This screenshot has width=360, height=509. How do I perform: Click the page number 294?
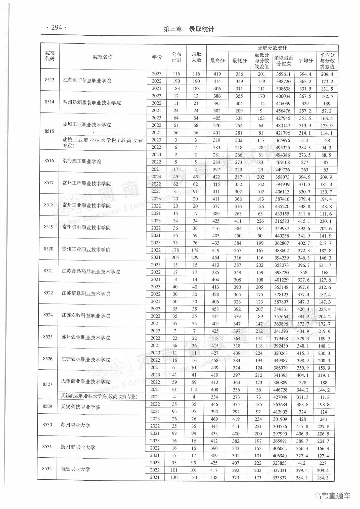tap(56, 28)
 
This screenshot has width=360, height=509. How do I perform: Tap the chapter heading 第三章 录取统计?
tap(189, 29)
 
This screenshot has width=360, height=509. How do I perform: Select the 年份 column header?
tap(157, 57)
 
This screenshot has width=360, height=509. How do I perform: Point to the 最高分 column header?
tap(217, 61)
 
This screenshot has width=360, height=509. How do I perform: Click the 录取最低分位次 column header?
tap(284, 61)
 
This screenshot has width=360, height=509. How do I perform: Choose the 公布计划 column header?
tap(176, 57)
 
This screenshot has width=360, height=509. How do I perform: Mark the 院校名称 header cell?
tap(103, 57)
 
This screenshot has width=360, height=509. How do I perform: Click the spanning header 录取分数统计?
tap(272, 48)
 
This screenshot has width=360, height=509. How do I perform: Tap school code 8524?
tap(48, 315)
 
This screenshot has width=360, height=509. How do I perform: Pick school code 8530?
tap(47, 425)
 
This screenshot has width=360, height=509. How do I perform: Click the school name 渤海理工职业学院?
tap(82, 162)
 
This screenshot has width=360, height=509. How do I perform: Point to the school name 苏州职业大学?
tap(75, 425)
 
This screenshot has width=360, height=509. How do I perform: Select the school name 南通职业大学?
tap(75, 469)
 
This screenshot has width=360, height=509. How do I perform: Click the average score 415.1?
tap(304, 221)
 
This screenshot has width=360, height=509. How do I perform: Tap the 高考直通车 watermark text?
tap(332, 496)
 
